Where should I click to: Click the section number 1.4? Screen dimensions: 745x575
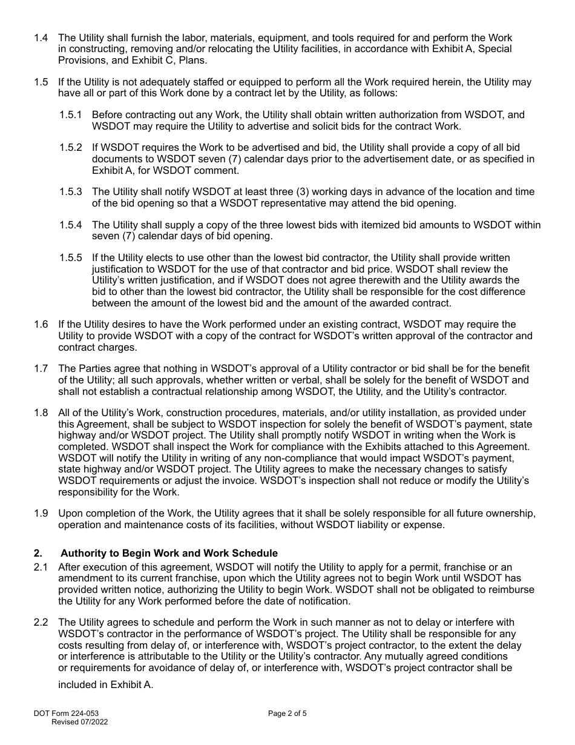pos(41,38)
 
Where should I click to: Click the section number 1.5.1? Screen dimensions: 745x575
pos(71,115)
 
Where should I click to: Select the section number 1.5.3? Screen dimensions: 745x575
pos(71,192)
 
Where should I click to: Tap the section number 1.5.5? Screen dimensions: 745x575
pos(71,258)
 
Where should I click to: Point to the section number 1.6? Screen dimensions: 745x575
pos(41,325)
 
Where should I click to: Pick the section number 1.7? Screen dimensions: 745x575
pos(41,369)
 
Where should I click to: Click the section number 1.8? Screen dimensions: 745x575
pos(41,413)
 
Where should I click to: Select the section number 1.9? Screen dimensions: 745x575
pos(41,514)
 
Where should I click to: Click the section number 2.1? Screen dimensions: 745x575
pos(41,568)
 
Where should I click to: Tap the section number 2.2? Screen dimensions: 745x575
pos(41,623)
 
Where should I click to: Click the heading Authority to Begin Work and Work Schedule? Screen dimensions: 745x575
pos(169,554)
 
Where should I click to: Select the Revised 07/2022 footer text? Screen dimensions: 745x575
pos(80,722)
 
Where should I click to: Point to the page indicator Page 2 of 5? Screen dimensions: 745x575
pos(287,714)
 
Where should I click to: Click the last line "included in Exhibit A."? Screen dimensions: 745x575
pos(106,685)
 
